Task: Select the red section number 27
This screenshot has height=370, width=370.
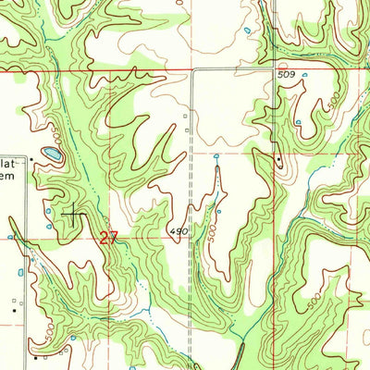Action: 109,238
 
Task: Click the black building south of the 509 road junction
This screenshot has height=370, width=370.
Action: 277,163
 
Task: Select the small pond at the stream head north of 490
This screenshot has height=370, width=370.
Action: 216,157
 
